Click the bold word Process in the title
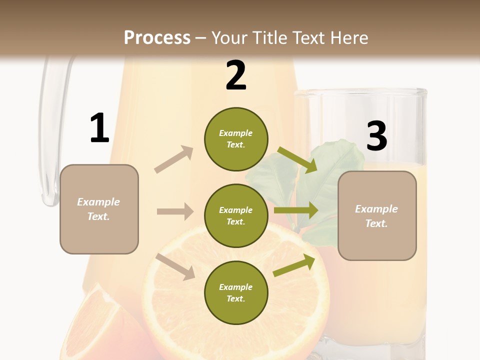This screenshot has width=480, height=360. click(x=157, y=37)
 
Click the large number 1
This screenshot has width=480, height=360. click(x=99, y=128)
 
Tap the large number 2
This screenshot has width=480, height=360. click(x=236, y=75)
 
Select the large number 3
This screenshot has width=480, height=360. click(x=376, y=136)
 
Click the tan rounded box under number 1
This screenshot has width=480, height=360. click(x=99, y=209)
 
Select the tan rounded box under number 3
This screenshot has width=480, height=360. click(x=377, y=215)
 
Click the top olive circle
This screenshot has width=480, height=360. click(x=236, y=139)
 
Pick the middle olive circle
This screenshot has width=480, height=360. click(x=236, y=215)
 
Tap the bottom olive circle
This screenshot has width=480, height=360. click(x=236, y=292)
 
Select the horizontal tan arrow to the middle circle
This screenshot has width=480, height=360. click(x=175, y=211)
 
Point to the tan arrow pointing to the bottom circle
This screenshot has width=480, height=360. click(x=175, y=266)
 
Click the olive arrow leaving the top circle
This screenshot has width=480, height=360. click(x=297, y=160)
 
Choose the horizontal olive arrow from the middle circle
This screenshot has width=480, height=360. click(x=295, y=210)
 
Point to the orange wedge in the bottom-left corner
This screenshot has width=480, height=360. click(x=95, y=325)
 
